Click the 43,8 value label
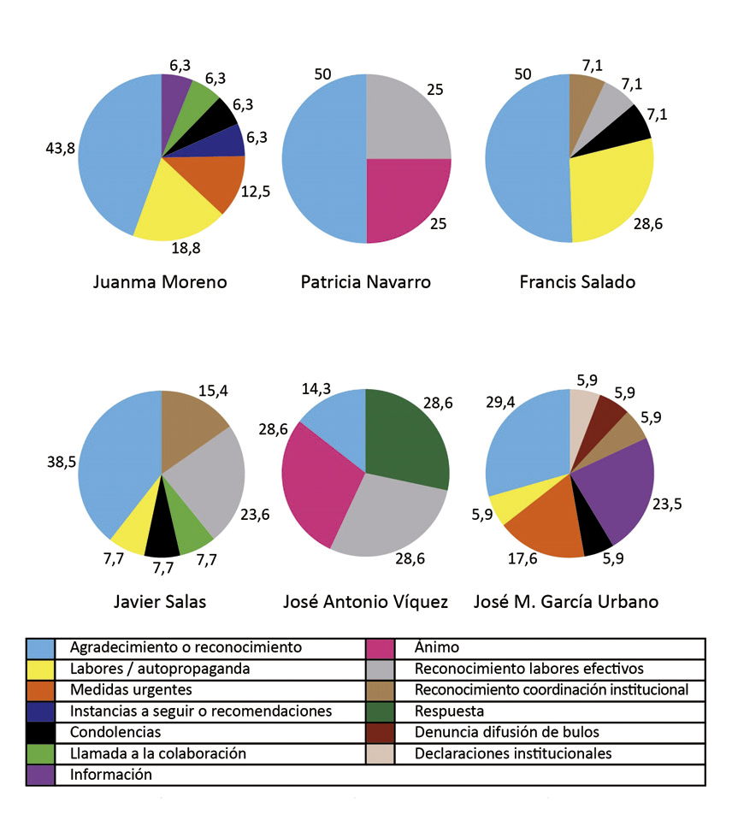[60, 148]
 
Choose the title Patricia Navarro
[365, 281]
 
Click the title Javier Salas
[160, 601]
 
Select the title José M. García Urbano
[566, 601]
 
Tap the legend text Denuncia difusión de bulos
[507, 732]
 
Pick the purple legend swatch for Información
[40, 775]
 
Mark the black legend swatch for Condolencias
[40, 732]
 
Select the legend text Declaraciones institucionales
[513, 753]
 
